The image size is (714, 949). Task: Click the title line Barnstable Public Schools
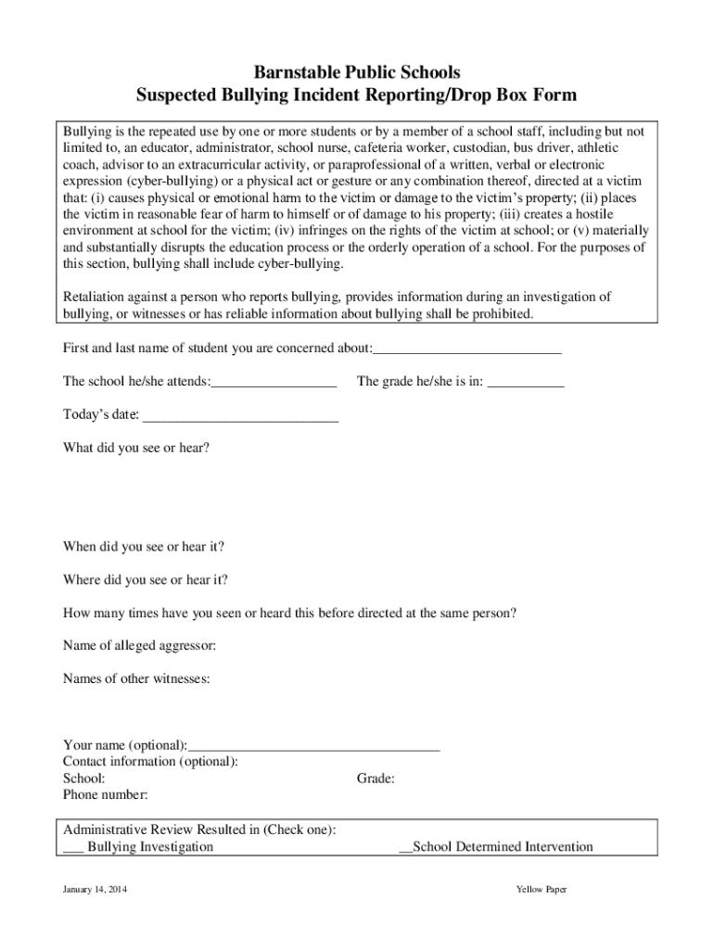[357, 72]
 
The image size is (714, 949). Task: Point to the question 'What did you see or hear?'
[136, 448]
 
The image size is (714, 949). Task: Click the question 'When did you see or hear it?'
[144, 547]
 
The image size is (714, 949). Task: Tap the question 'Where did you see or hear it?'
[146, 580]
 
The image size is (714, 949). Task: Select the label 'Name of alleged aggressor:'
[139, 646]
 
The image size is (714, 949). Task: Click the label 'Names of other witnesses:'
[136, 679]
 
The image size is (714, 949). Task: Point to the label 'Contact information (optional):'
[150, 762]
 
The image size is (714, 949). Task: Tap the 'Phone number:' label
[106, 795]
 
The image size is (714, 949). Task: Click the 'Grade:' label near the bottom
[376, 778]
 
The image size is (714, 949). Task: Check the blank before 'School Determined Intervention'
[405, 848]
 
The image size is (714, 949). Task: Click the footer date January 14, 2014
[95, 890]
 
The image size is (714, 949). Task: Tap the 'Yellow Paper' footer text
[542, 890]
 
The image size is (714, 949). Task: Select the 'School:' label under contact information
[83, 778]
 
